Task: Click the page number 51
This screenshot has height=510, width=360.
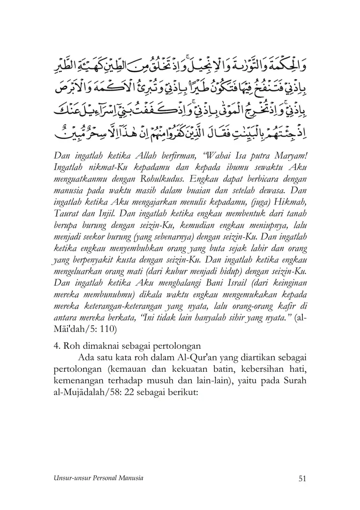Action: (302, 478)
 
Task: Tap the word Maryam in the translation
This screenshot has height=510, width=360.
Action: (290, 155)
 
